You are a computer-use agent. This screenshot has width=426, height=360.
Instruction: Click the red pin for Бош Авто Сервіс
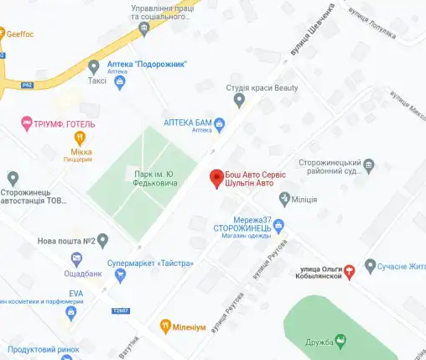pyautogui.click(x=216, y=177)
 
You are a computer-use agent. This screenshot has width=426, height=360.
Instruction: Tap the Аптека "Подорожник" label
pyautogui.click(x=148, y=64)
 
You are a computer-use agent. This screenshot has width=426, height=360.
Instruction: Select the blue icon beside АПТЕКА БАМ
pyautogui.click(x=220, y=126)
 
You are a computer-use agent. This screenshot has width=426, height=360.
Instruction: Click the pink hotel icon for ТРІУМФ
pyautogui.click(x=26, y=124)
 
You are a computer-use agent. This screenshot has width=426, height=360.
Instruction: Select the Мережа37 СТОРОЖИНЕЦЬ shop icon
pyautogui.click(x=280, y=225)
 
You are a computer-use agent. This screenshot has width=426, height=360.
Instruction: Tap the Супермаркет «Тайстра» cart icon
pyautogui.click(x=120, y=274)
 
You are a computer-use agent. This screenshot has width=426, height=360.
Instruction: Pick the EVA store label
pyautogui.click(x=75, y=293)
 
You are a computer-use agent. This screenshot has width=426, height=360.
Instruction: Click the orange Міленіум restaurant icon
pyautogui.click(x=166, y=326)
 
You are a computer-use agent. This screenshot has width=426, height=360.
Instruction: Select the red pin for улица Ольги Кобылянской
pyautogui.click(x=351, y=269)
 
